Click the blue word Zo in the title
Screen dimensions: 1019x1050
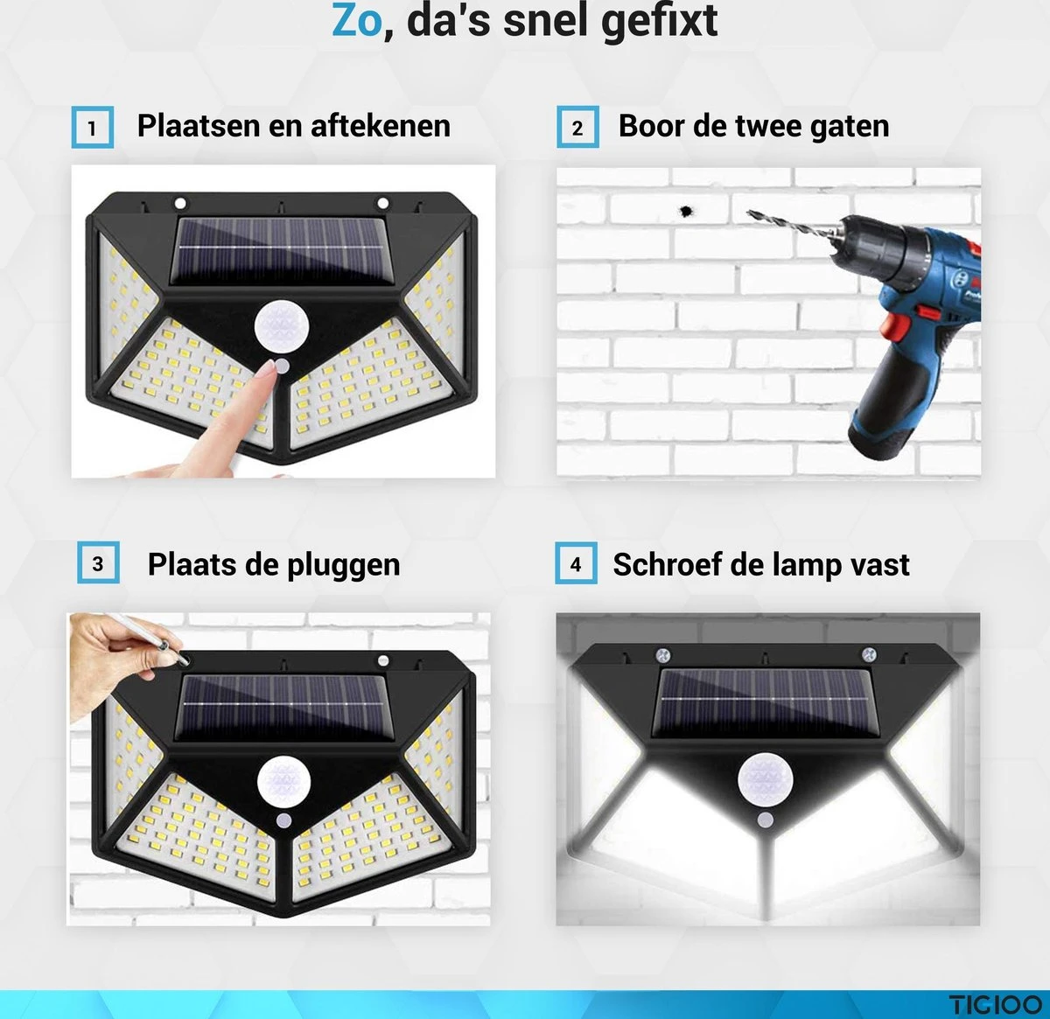[357, 21]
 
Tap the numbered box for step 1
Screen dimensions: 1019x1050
[92, 128]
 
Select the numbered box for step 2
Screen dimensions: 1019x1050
[577, 128]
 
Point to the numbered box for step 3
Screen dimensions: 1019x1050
[98, 564]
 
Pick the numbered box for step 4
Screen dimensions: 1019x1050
[576, 564]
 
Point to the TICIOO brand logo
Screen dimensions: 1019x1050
[996, 1004]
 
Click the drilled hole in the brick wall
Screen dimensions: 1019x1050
[685, 212]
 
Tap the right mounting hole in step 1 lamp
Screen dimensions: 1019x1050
[382, 204]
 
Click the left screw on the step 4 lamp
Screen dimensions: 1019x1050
[662, 655]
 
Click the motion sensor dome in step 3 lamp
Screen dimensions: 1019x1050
[283, 781]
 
